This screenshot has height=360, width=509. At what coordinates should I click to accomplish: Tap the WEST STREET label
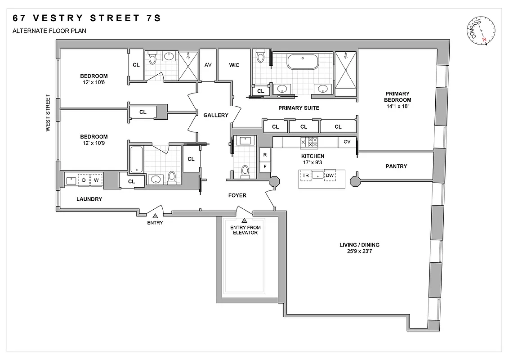coord(47,113)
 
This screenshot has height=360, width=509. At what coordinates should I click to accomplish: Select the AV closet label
coord(208,65)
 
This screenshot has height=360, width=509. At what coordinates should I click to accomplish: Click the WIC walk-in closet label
coord(234,65)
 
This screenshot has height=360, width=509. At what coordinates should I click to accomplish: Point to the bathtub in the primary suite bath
coord(303,62)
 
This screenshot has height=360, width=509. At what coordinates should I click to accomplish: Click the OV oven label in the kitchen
coord(347,141)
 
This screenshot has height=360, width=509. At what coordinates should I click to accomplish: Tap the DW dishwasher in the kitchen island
coord(330,175)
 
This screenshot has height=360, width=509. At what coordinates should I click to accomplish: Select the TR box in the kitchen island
coord(306,175)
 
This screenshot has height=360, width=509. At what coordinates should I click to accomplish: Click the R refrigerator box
coord(265,155)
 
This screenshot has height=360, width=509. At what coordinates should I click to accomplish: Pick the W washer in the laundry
coord(96,180)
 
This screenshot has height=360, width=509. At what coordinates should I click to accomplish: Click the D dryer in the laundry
coord(84,180)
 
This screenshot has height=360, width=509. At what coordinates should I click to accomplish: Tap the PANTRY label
coord(396,166)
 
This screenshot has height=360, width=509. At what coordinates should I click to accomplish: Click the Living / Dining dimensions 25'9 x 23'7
coord(359,252)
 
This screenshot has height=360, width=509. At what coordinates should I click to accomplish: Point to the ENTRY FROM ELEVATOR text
coord(245,230)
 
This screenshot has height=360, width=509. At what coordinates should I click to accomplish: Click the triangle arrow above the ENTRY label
coord(155,216)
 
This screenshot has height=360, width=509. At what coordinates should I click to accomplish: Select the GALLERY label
coord(216,115)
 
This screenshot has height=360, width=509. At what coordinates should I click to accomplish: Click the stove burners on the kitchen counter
coord(309,142)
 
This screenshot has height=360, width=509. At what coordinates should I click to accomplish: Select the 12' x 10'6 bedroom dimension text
coord(94,83)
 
